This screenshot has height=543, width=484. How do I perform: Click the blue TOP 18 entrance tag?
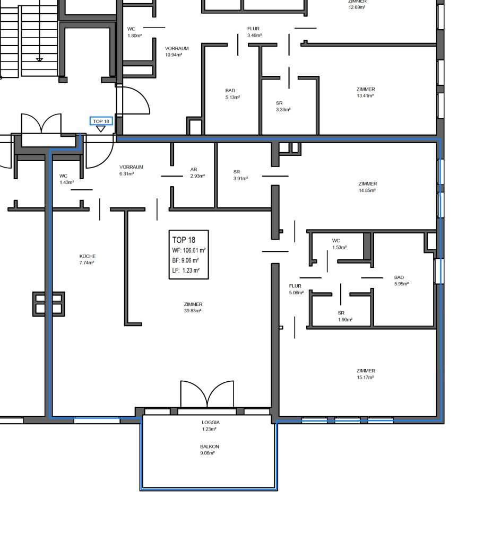point(101,121)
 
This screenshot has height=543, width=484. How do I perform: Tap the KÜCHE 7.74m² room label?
point(87,259)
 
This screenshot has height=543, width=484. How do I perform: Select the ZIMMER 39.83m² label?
point(193,308)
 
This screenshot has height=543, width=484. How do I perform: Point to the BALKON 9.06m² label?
point(210,450)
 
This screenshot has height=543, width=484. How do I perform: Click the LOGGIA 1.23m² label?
point(211,426)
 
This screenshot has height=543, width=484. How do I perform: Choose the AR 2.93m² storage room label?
point(197,173)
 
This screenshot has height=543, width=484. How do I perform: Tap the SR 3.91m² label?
point(240,175)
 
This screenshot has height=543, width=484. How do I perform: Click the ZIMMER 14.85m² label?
point(367,187)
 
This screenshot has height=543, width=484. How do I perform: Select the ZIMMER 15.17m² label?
point(366,374)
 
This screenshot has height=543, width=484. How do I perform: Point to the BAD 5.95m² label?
point(401,281)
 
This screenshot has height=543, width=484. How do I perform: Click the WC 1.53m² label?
point(339,244)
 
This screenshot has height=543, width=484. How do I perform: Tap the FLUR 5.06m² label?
point(296,289)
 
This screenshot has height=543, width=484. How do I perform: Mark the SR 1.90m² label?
point(345,316)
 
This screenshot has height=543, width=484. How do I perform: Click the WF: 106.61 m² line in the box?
point(188,250)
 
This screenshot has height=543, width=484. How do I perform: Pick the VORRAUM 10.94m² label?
point(177,51)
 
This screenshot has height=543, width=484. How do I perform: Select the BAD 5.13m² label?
point(232,94)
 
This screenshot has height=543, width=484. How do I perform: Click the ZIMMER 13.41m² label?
point(366,92)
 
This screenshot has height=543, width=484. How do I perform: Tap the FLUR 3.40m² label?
point(254,32)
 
